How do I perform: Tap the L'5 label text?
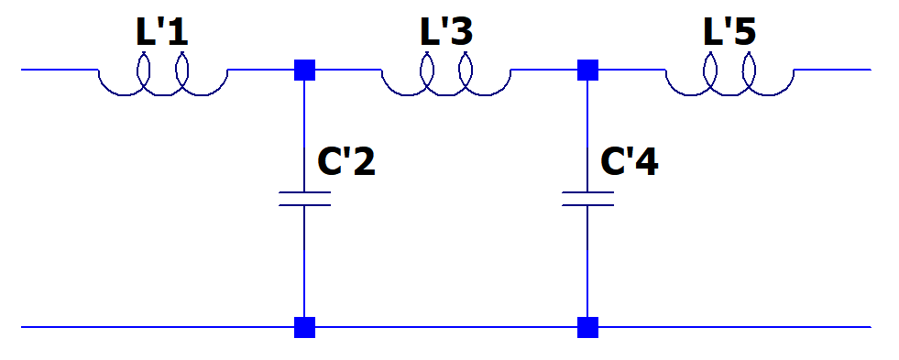click(729, 34)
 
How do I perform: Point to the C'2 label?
click(345, 162)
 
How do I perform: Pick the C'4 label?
click(629, 162)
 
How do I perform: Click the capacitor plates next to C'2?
click(304, 199)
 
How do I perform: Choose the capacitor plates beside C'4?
click(587, 199)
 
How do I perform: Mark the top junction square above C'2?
click(304, 70)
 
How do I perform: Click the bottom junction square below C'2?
click(304, 327)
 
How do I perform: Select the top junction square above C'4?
click(587, 70)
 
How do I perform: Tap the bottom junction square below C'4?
click(587, 327)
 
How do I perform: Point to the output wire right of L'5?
click(834, 70)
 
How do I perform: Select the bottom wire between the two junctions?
click(446, 327)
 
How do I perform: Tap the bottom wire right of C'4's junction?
click(733, 327)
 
